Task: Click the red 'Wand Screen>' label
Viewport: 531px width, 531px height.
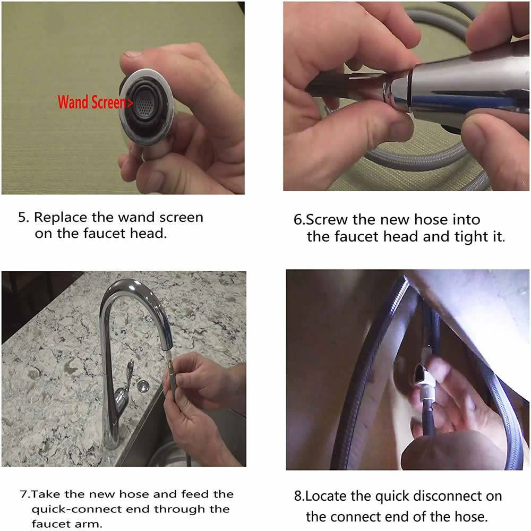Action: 95,102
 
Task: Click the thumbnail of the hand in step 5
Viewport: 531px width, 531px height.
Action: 123,98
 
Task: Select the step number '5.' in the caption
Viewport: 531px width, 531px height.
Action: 24,217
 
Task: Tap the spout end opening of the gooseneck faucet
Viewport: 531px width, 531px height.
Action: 167,347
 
